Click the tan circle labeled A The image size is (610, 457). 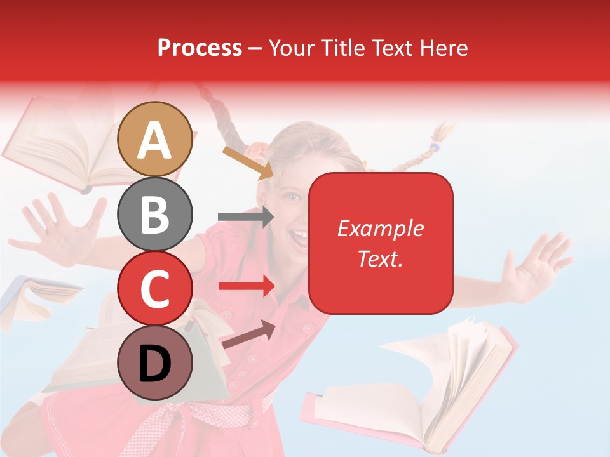click(x=155, y=139)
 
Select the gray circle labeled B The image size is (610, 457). click(x=155, y=214)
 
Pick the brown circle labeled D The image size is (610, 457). click(x=155, y=362)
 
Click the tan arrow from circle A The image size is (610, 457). click(x=248, y=162)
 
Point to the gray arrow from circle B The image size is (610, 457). click(x=245, y=217)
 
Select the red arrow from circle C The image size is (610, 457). click(x=245, y=287)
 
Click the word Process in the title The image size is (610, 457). click(x=200, y=48)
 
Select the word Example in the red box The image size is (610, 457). click(x=380, y=228)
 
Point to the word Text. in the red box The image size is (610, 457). click(x=380, y=258)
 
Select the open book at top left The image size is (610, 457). click(x=70, y=146)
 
